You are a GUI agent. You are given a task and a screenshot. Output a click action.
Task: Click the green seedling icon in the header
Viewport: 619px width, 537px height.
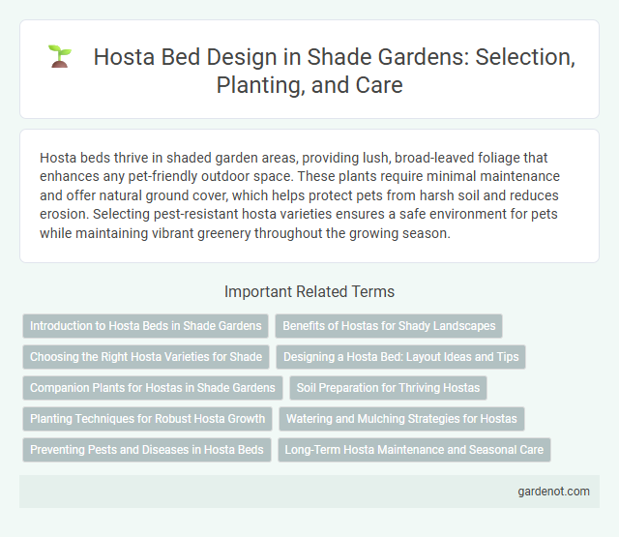(x=60, y=57)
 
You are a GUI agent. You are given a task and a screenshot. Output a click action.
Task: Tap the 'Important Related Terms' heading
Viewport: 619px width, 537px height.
(x=309, y=291)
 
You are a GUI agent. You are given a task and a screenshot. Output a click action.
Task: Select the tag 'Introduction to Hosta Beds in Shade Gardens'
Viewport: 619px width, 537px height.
(x=145, y=326)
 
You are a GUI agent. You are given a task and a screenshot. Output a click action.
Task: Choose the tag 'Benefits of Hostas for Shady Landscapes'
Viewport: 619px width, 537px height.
(x=389, y=326)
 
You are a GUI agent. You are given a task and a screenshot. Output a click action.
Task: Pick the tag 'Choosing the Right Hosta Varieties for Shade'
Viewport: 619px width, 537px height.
(x=145, y=357)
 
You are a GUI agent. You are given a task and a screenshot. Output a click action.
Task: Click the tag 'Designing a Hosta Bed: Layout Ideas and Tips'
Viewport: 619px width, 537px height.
(x=400, y=357)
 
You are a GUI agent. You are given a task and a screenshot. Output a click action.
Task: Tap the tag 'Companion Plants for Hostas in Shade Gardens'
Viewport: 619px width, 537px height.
(x=152, y=388)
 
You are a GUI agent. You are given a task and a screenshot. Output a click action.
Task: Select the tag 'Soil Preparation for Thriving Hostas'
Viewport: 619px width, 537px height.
(x=388, y=388)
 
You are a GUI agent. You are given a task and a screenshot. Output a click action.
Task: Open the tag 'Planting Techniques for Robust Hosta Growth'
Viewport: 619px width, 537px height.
(x=147, y=419)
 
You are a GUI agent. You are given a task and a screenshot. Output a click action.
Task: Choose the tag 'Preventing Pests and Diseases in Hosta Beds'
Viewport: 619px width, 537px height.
(x=146, y=450)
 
